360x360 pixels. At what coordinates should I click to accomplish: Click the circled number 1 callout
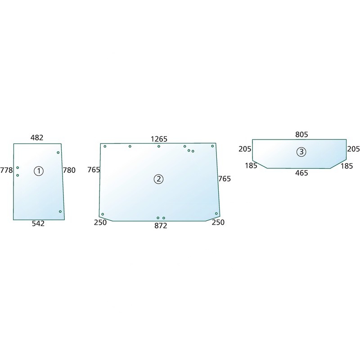click(x=39, y=171)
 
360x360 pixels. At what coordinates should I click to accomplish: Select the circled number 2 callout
click(x=159, y=179)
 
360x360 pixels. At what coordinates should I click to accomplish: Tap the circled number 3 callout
click(x=301, y=152)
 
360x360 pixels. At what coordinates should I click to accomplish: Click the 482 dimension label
click(x=37, y=138)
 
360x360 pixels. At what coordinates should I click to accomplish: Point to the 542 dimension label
click(x=38, y=223)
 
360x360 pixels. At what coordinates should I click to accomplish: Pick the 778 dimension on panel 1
click(x=6, y=171)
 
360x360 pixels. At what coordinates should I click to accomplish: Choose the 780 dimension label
click(x=69, y=170)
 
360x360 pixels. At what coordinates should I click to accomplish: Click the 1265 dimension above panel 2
click(x=159, y=139)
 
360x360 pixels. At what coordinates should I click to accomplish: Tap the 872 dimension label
click(x=161, y=226)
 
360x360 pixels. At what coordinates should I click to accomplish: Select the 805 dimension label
click(x=301, y=134)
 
